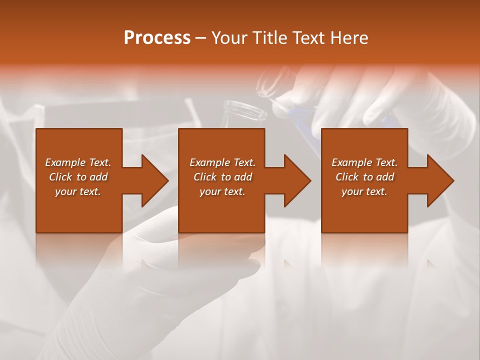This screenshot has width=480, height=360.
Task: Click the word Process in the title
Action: [x=157, y=38]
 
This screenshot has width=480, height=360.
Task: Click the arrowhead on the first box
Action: [x=154, y=180]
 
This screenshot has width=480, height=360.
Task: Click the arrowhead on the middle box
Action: [x=297, y=180]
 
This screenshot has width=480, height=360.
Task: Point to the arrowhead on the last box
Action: [x=440, y=180]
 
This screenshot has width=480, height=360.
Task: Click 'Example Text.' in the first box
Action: [x=78, y=162]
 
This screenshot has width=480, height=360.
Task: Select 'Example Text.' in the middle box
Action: [x=222, y=162]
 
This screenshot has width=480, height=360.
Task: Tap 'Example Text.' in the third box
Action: [x=364, y=162]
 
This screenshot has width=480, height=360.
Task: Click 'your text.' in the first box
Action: [x=78, y=191]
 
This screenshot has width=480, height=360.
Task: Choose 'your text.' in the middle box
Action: [x=222, y=191]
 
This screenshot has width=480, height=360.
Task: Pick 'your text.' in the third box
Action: [x=364, y=191]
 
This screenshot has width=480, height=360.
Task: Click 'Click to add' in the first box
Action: [x=78, y=177]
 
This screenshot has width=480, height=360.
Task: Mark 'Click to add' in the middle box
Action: [x=222, y=177]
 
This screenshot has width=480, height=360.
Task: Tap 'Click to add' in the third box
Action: [x=364, y=177]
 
